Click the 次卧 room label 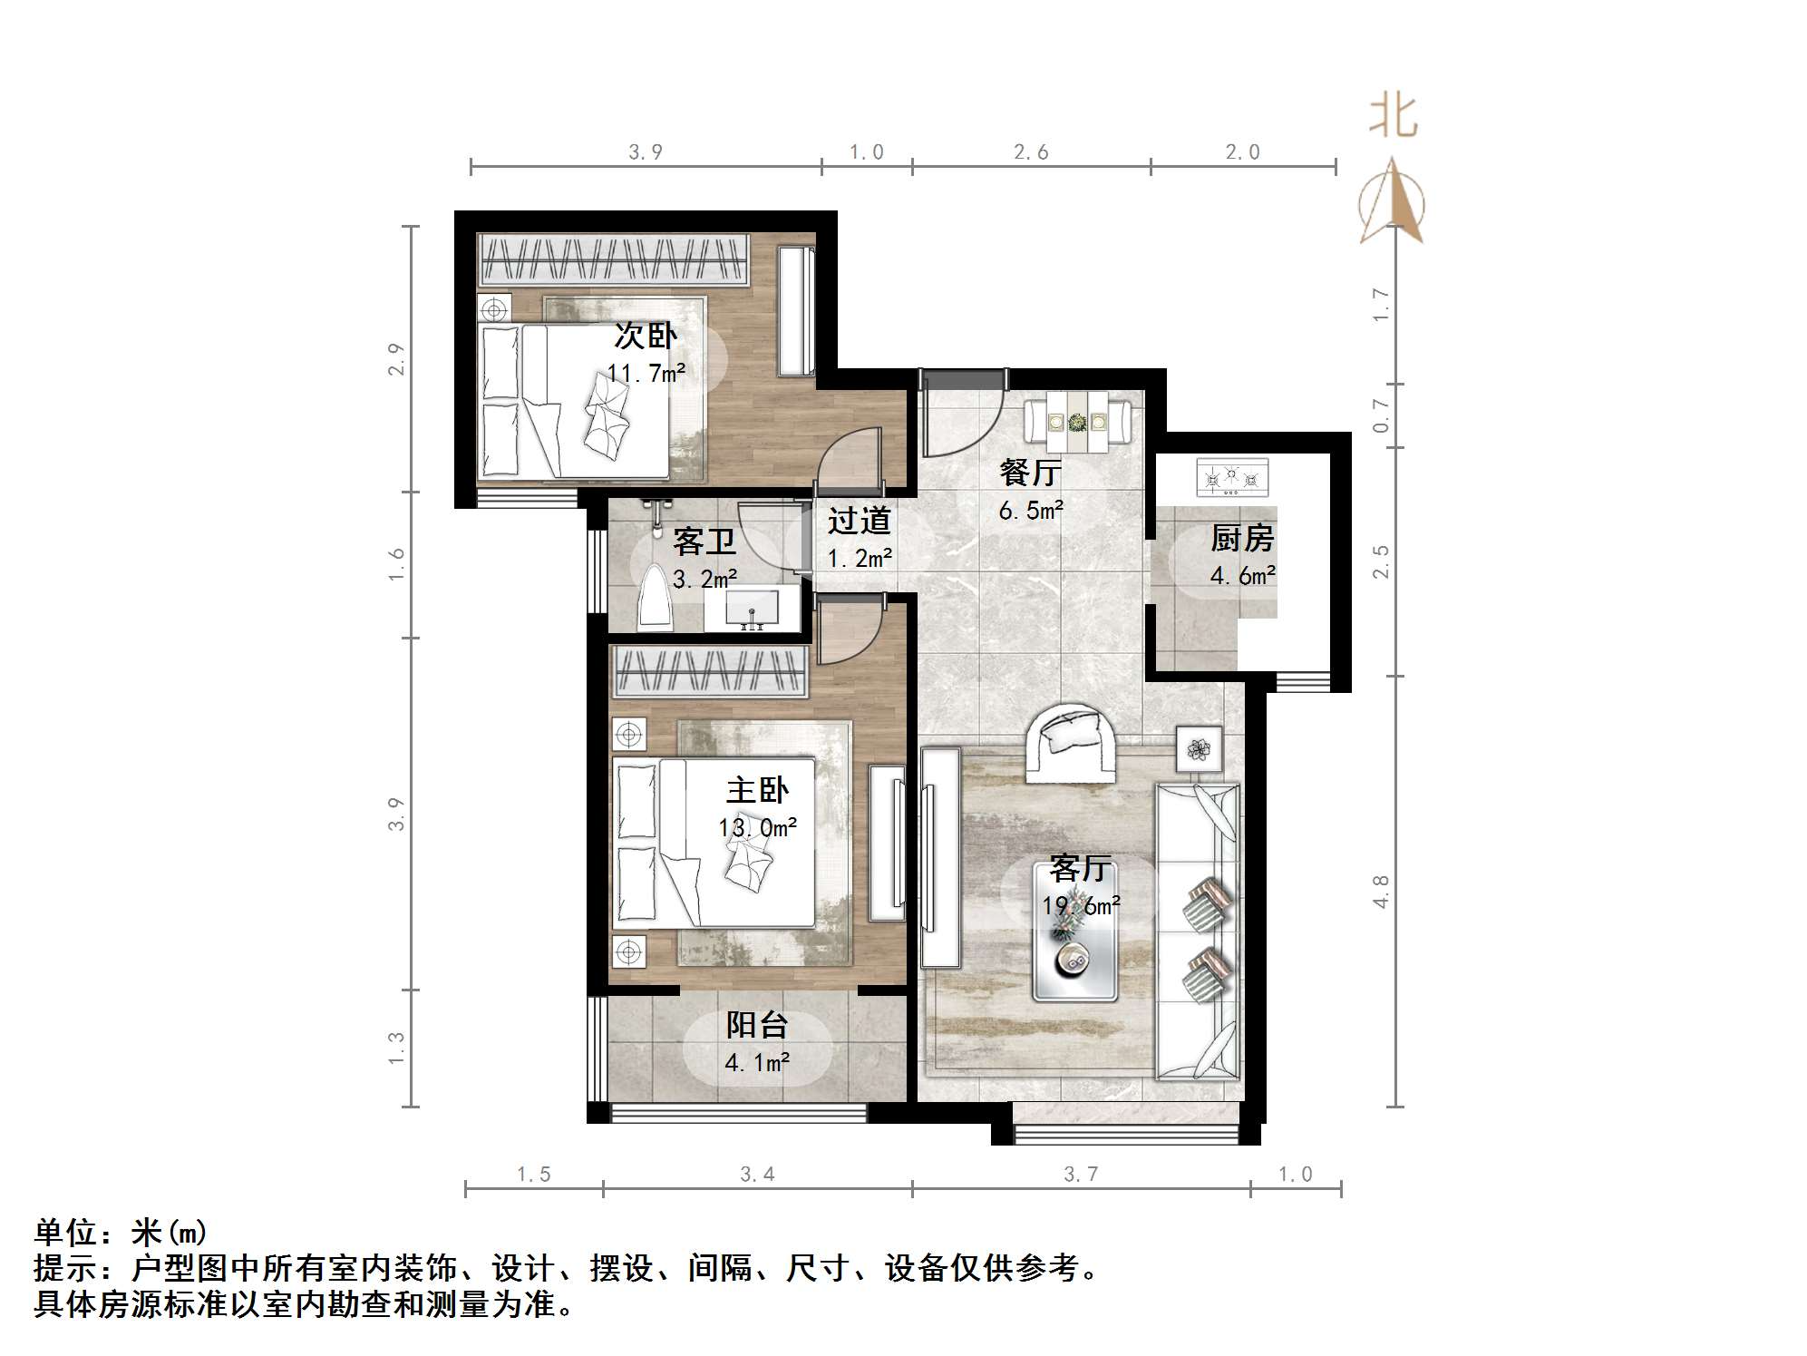(646, 336)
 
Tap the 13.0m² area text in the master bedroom (758, 827)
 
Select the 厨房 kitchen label (1242, 538)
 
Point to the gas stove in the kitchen (1232, 478)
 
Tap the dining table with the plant (1077, 422)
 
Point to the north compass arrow (1392, 201)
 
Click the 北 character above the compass (1394, 118)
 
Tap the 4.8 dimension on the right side (1381, 891)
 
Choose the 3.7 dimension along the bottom (1081, 1175)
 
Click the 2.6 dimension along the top (1031, 152)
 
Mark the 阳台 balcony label (757, 1025)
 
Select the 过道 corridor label (859, 521)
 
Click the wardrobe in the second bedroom (614, 259)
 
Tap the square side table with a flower (1199, 749)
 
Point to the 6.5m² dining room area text (1031, 511)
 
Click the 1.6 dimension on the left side (396, 564)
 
